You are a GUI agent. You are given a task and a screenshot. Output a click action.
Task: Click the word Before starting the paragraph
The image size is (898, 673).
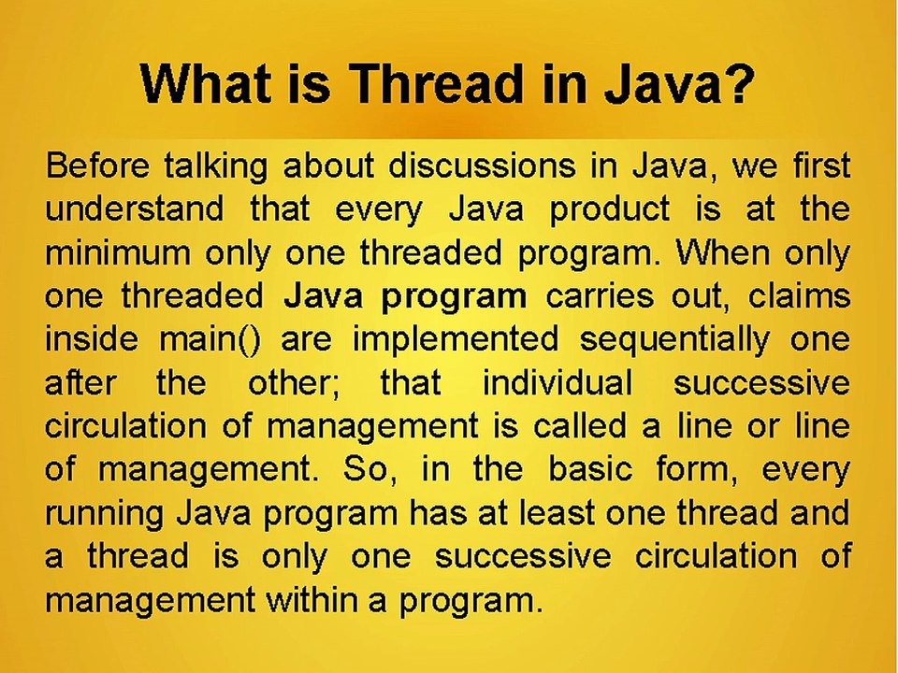(x=96, y=166)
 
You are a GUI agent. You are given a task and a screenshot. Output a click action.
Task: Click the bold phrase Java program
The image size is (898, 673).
(x=404, y=296)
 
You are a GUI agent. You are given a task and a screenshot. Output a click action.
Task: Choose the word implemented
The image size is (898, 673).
(x=455, y=338)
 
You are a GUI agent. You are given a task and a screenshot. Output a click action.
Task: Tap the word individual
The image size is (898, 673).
(x=557, y=382)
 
